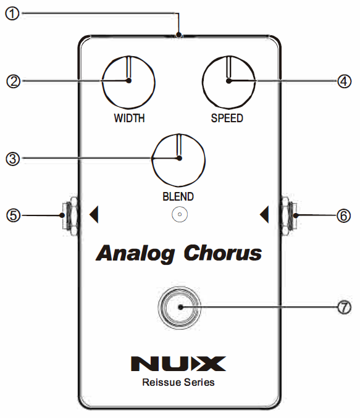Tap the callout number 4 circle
pyautogui.click(x=345, y=81)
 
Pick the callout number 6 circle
pyautogui.click(x=345, y=215)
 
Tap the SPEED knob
pyautogui.click(x=228, y=81)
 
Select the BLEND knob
pyautogui.click(x=179, y=159)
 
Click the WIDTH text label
pyautogui.click(x=128, y=119)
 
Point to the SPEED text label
pyautogui.click(x=228, y=119)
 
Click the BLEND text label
pyautogui.click(x=179, y=197)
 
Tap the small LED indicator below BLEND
pyautogui.click(x=179, y=215)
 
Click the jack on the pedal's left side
pyautogui.click(x=70, y=215)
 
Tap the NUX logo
pyautogui.click(x=178, y=363)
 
